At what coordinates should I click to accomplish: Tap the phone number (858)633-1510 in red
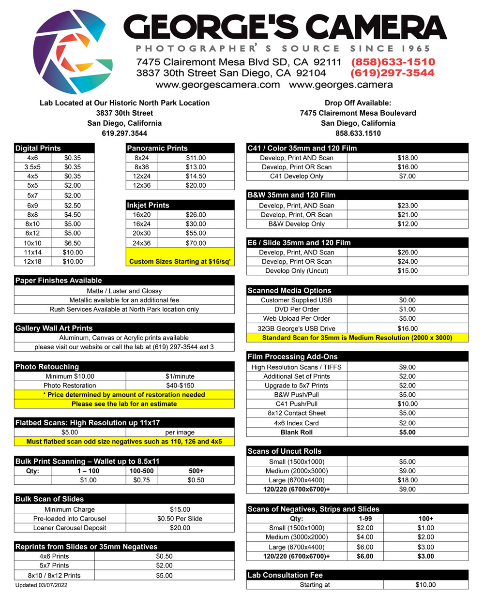click(393, 62)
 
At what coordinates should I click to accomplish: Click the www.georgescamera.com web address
click(217, 85)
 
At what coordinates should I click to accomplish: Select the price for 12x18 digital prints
click(73, 262)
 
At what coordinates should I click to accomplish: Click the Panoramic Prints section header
click(157, 148)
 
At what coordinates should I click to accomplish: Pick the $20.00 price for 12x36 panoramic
click(196, 185)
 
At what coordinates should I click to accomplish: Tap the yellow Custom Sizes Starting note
click(180, 262)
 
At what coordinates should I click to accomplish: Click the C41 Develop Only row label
click(296, 176)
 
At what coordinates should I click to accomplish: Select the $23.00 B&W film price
click(407, 206)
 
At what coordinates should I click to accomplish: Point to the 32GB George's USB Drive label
click(296, 328)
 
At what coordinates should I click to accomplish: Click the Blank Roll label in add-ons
click(296, 432)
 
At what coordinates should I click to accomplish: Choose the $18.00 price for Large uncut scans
click(407, 480)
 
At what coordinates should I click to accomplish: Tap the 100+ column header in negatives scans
click(425, 519)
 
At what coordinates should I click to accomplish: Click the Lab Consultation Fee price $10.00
click(425, 585)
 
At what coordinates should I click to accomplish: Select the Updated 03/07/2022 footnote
click(42, 585)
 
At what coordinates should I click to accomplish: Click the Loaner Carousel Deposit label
click(70, 528)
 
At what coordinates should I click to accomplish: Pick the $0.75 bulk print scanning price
click(141, 480)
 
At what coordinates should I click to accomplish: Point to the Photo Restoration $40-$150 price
click(180, 386)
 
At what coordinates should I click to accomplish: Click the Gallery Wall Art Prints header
click(54, 328)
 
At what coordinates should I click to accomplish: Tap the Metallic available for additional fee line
click(124, 300)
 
